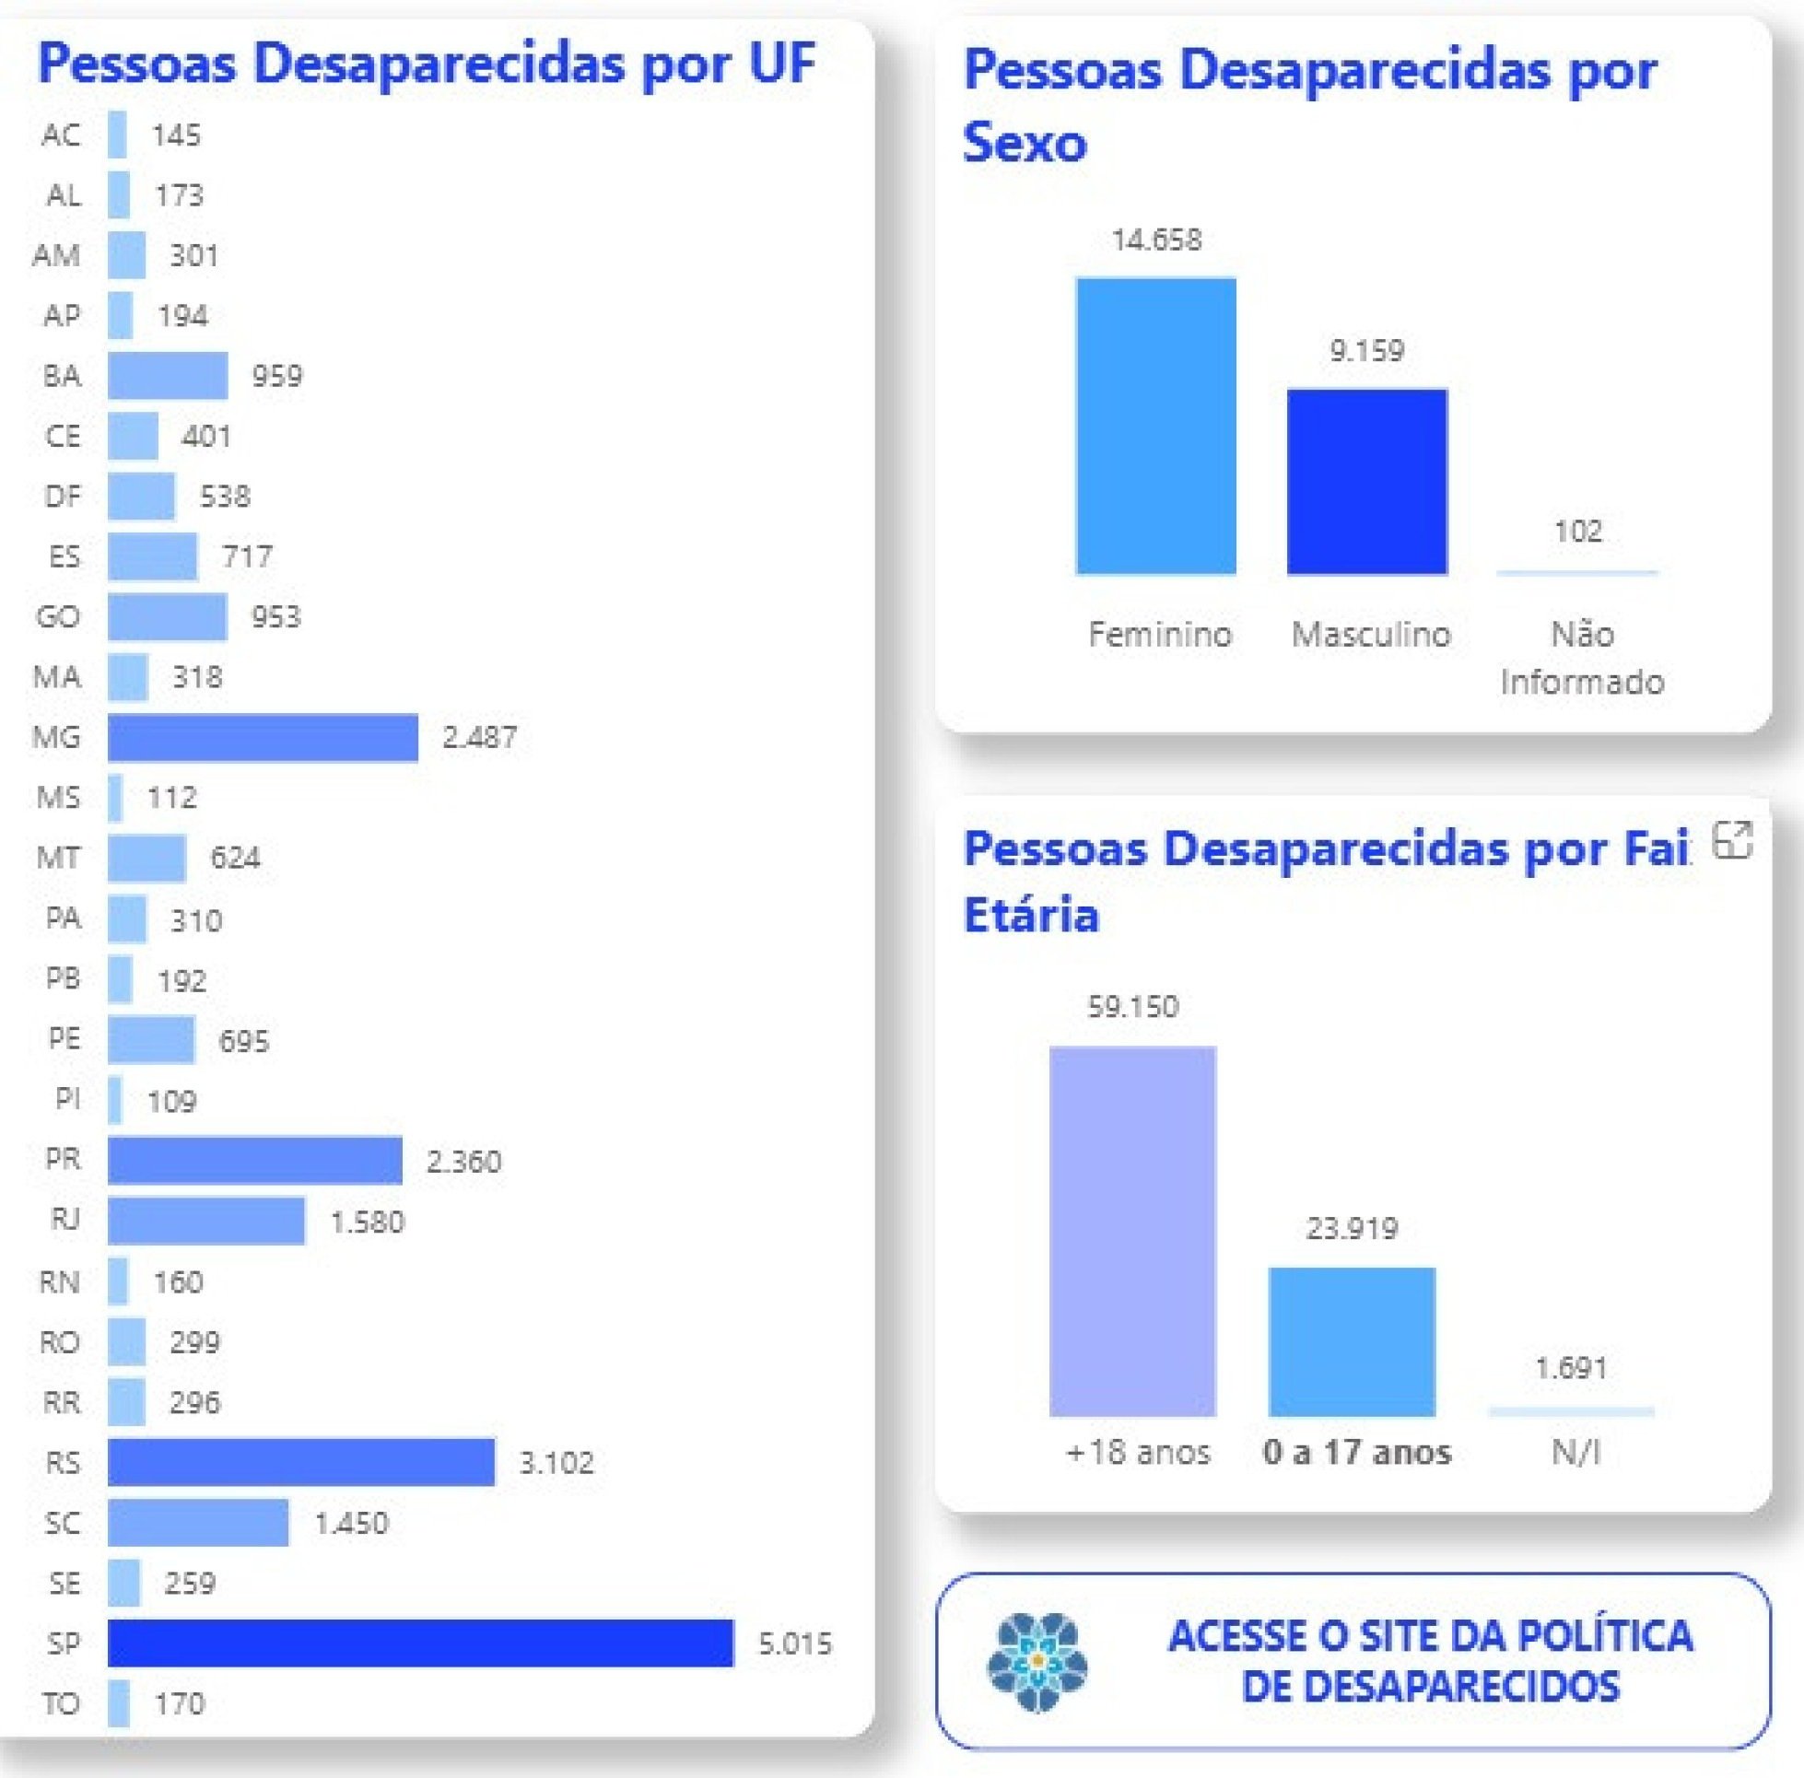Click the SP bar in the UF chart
[x=420, y=1643]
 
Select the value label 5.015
[x=794, y=1643]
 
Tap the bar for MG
[x=263, y=738]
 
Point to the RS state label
[x=63, y=1462]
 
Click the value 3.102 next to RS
[x=556, y=1462]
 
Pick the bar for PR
[x=255, y=1160]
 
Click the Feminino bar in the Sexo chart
[x=1156, y=426]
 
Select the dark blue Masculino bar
[x=1367, y=482]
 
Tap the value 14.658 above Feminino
[x=1156, y=240]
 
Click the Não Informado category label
[x=1582, y=658]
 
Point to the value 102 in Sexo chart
[x=1578, y=532]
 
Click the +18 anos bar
[x=1132, y=1231]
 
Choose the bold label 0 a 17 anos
[x=1357, y=1452]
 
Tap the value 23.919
[x=1352, y=1228]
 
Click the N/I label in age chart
[x=1576, y=1452]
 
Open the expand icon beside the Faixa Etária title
[x=1732, y=840]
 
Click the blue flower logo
[x=1037, y=1662]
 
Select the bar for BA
[x=168, y=375]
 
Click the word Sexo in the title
[x=1025, y=144]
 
